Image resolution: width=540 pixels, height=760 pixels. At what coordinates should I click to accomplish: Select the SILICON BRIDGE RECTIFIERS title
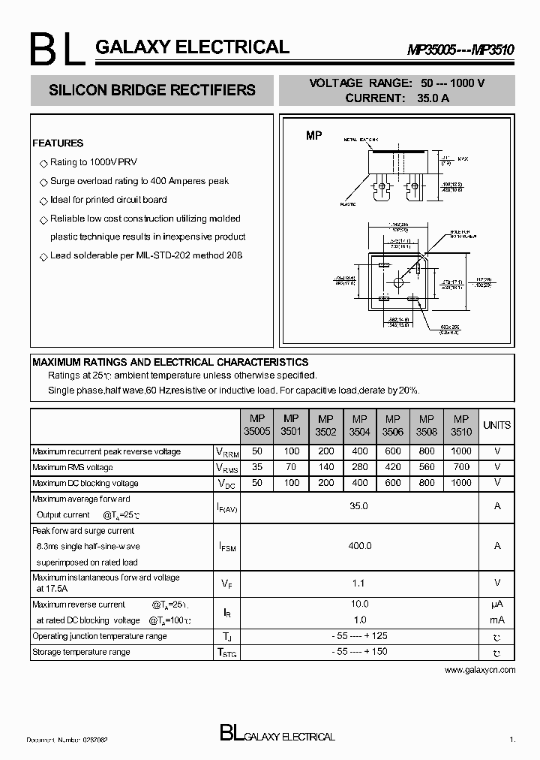(x=151, y=90)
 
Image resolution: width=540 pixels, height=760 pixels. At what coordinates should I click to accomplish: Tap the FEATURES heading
(x=58, y=143)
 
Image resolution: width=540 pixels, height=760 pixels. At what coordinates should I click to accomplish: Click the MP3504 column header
(x=359, y=425)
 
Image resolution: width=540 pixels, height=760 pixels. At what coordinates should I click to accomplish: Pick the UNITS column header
(x=496, y=425)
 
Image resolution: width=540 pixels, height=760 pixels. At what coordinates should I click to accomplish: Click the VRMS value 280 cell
(x=359, y=467)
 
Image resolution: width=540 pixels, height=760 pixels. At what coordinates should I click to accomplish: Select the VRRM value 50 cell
(x=258, y=451)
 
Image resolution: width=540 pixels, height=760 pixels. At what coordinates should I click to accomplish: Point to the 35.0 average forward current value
(x=359, y=506)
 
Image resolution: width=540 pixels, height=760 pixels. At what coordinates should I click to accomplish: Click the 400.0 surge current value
(x=359, y=546)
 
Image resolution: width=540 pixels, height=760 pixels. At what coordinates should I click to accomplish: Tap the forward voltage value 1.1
(x=359, y=582)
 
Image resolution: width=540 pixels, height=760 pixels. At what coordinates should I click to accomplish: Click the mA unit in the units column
(x=496, y=620)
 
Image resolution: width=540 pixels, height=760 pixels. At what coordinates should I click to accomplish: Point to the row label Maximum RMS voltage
(x=73, y=467)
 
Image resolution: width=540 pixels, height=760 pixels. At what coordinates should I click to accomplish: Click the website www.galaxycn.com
(x=480, y=669)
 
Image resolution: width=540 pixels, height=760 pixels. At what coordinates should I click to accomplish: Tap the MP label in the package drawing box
(x=313, y=136)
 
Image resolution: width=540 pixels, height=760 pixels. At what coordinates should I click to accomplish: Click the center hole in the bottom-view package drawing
(x=397, y=282)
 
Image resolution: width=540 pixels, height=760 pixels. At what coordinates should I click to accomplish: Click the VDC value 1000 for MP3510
(x=461, y=483)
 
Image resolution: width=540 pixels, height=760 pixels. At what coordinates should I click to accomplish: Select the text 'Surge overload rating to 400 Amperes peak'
(x=139, y=181)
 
